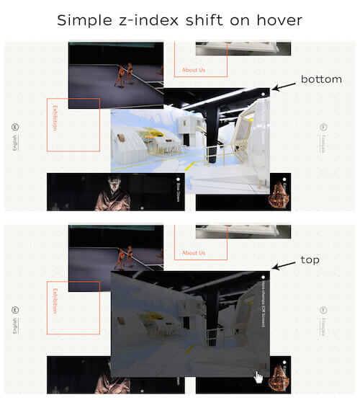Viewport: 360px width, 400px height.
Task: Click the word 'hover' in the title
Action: (276, 20)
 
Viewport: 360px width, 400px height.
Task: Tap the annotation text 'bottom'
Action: (321, 79)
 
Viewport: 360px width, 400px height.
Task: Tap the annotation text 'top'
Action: (310, 259)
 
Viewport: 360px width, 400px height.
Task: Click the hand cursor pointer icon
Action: (258, 377)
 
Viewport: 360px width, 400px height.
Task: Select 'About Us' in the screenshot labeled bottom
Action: (194, 70)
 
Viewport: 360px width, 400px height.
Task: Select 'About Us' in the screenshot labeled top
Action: (194, 253)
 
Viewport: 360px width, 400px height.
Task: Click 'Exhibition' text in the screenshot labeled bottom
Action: (54, 118)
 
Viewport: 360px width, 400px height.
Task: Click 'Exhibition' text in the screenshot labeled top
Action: (54, 301)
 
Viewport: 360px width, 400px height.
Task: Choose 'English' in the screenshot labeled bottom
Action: (15, 144)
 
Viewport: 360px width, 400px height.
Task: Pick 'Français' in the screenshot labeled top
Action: (323, 327)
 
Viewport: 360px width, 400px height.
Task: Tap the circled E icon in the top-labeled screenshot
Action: (15, 310)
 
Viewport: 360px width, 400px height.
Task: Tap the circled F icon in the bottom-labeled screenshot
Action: (323, 128)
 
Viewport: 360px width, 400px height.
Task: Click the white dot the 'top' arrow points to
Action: (264, 277)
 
